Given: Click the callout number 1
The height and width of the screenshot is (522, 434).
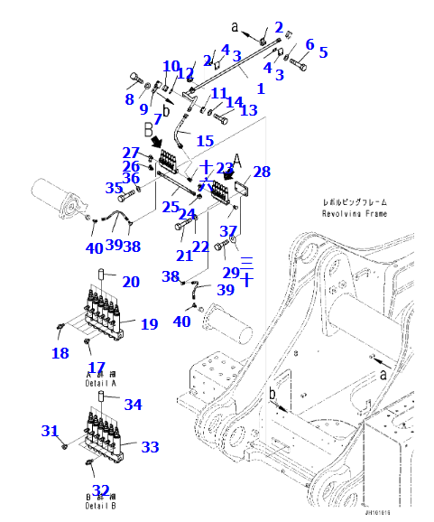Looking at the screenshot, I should [261, 89].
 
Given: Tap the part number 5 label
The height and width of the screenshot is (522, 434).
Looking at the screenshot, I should [323, 52].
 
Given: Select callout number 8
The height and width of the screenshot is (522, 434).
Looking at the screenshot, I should [129, 99].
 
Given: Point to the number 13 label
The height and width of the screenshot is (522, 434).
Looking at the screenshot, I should [248, 110].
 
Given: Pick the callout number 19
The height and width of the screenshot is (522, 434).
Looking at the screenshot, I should [149, 324].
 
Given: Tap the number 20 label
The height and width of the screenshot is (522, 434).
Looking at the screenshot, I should [131, 282].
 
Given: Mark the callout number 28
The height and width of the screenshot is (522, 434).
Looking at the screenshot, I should [262, 172].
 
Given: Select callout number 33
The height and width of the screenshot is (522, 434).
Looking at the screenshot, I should [150, 447].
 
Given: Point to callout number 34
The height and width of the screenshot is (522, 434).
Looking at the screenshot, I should [133, 405].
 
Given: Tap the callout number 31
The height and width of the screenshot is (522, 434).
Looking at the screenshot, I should [51, 432].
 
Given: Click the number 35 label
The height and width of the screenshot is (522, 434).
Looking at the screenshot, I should [114, 188].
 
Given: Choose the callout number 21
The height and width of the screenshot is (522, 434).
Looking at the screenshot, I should [184, 256].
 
